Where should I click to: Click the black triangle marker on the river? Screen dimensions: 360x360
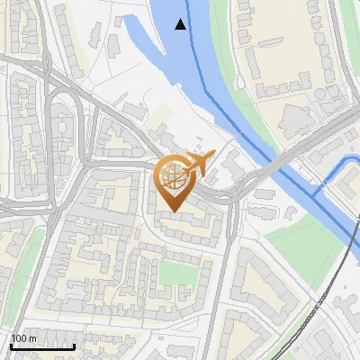[x=182, y=24]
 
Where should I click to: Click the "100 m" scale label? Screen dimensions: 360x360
[x=23, y=338]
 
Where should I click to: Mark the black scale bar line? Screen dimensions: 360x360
[x=42, y=346]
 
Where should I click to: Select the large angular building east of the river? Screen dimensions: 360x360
[x=297, y=117]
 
